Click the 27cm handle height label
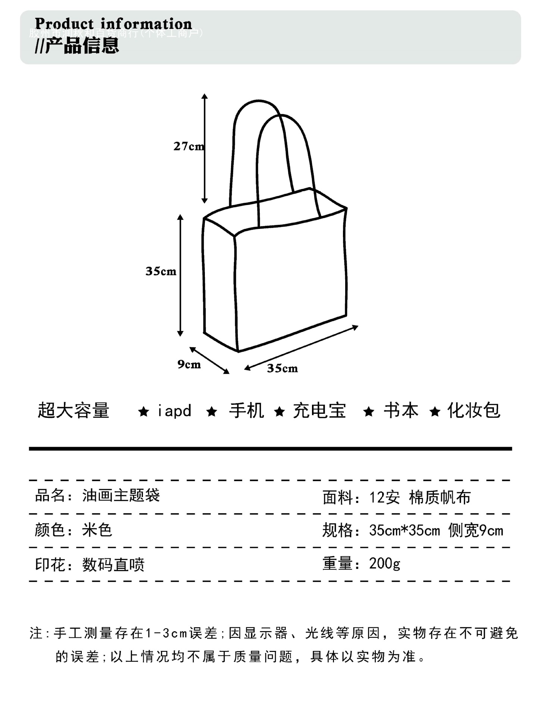(188, 146)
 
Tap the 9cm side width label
(189, 364)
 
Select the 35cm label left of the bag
(161, 271)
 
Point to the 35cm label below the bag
(282, 369)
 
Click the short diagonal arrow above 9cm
(209, 360)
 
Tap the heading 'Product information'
(113, 24)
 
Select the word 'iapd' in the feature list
(174, 411)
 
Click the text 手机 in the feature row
(246, 411)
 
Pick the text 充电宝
(319, 411)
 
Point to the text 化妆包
(474, 411)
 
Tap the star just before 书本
(369, 412)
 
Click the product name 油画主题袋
(121, 496)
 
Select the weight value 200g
(385, 563)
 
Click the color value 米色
(97, 530)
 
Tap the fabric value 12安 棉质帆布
(420, 497)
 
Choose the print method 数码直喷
(113, 564)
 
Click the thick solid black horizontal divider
(270, 448)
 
